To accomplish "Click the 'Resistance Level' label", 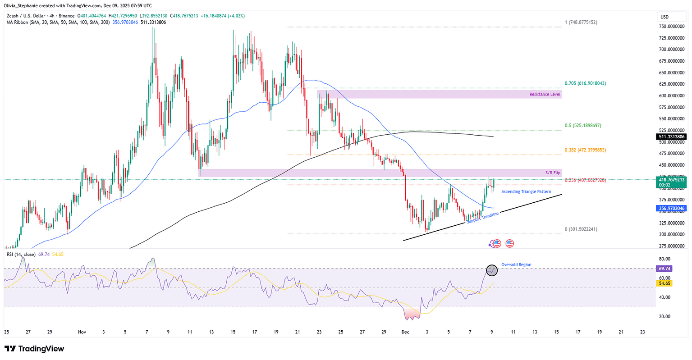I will (545, 95).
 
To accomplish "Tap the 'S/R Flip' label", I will (553, 173).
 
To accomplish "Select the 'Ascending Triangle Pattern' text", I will (526, 192).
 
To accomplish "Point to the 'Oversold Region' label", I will (516, 265).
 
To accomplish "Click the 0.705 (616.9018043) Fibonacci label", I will (585, 83).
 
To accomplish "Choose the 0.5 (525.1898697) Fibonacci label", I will (583, 126).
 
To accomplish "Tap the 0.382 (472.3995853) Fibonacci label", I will (585, 150).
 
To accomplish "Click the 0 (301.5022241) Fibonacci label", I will (581, 229).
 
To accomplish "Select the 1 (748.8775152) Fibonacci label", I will (581, 22).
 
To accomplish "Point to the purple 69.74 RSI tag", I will (665, 268).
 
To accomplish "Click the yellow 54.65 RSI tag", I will (665, 283).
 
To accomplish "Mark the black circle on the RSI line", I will (492, 270).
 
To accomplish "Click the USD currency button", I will (665, 17).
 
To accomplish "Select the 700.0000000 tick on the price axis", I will (669, 50).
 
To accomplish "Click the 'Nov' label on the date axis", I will (82, 332).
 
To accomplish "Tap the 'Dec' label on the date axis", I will (406, 332).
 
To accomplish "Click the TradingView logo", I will (34, 349).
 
